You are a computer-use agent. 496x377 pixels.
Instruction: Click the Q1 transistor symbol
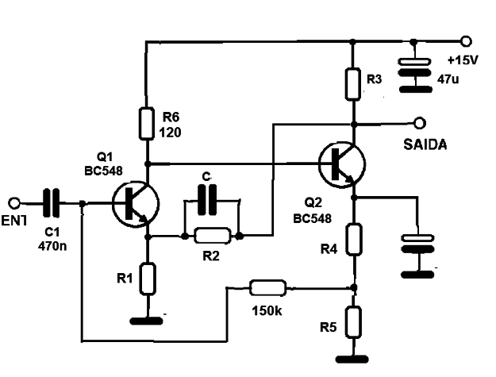coord(136,204)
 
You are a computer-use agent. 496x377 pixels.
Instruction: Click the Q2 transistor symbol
coord(342,164)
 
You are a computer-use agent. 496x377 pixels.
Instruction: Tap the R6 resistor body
coord(147,123)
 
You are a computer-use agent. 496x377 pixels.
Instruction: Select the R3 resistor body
coord(352,84)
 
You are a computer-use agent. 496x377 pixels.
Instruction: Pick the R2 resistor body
coord(212,236)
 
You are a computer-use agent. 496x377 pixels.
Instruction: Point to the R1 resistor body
coord(148,279)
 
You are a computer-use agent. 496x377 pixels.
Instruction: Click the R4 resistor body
coord(354,239)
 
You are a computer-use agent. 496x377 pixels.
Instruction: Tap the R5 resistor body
coord(353,322)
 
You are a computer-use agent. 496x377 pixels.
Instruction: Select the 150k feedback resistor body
coord(268,288)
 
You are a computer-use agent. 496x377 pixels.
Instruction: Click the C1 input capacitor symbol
coord(52,202)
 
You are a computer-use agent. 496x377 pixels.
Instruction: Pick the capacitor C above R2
coord(207,200)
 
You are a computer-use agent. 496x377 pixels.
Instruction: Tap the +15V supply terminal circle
coord(467,41)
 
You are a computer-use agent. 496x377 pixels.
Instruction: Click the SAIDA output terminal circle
coord(420,123)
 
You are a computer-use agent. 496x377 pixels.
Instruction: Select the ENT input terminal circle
coord(14,203)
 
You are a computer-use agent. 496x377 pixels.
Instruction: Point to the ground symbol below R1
coord(147,321)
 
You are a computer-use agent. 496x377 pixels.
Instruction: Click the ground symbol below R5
coord(352,360)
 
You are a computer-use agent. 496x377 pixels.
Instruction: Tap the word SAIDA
coord(425,144)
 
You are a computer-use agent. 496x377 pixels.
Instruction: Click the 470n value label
coord(52,246)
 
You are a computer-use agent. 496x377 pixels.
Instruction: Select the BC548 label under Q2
coord(312,218)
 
